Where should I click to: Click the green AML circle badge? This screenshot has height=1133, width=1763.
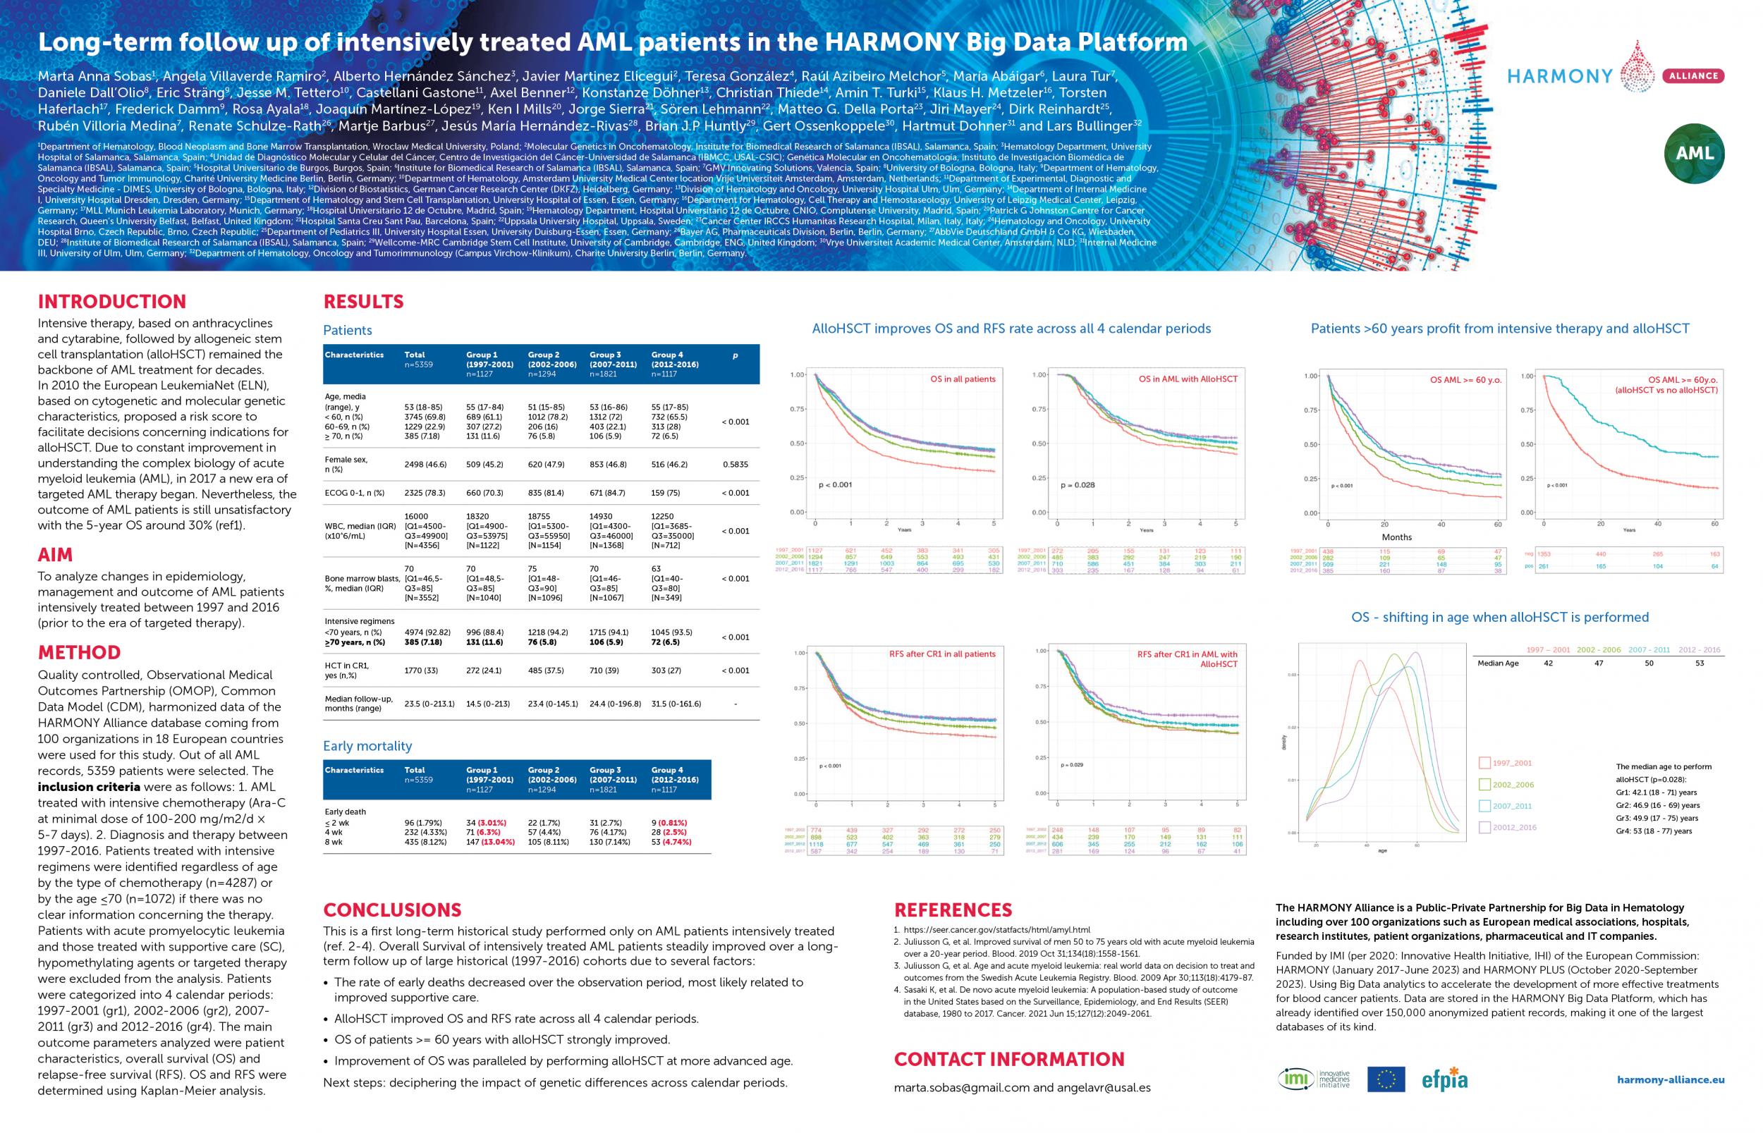[x=1695, y=153]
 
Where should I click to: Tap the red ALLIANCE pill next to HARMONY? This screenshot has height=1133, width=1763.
[x=1693, y=75]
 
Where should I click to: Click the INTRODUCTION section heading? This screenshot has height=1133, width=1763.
[x=112, y=302]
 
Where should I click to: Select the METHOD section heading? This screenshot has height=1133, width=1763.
[x=79, y=653]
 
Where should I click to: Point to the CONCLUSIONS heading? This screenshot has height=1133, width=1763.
[x=392, y=910]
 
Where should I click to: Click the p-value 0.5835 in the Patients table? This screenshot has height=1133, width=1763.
[x=735, y=464]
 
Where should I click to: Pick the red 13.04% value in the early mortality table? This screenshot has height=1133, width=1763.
[x=496, y=842]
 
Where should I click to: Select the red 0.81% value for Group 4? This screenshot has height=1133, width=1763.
[x=679, y=823]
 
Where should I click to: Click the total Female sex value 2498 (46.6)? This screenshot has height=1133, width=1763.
[x=426, y=464]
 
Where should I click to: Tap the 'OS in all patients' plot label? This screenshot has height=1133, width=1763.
[x=963, y=379]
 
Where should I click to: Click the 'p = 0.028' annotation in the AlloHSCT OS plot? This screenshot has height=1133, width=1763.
[x=1078, y=486]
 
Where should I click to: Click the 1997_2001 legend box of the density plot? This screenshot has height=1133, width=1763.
[x=1484, y=763]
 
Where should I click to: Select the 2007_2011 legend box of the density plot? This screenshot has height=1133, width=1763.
[x=1484, y=807]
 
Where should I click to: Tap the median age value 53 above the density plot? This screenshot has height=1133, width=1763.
[x=1699, y=663]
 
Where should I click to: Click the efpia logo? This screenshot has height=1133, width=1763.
[x=1445, y=1079]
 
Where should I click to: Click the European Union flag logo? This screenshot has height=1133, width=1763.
[x=1386, y=1079]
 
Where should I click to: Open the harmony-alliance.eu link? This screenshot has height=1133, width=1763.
[x=1671, y=1080]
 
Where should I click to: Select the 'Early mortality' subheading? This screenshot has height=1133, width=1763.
[x=367, y=746]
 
